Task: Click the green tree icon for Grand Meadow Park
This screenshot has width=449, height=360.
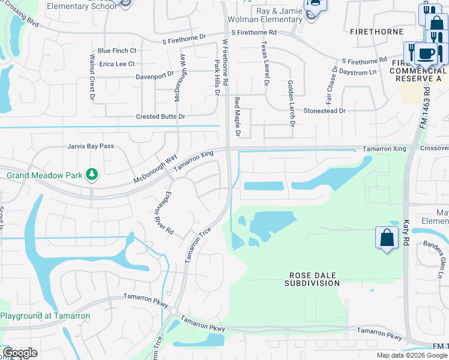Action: [x=91, y=175]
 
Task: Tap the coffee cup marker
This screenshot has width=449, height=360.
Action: [x=426, y=53]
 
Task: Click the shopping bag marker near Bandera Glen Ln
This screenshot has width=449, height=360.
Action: [x=387, y=238]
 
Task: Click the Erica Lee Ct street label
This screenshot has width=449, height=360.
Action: [x=117, y=64]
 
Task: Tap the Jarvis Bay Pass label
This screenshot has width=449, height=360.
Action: [x=91, y=146]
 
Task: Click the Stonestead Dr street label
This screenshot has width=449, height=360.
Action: [x=325, y=110]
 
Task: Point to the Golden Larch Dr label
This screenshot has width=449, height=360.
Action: [x=291, y=103]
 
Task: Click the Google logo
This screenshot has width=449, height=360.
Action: [x=20, y=353]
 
